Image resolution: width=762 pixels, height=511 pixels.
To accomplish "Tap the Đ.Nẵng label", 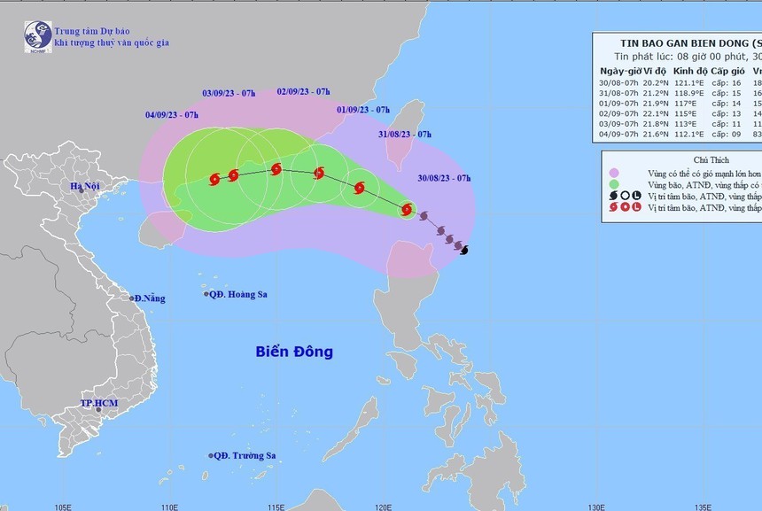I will pyautogui.click(x=150, y=298).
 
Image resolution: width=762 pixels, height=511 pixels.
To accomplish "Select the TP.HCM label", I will pyautogui.click(x=99, y=404).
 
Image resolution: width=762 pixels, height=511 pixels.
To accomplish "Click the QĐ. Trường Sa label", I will pyautogui.click(x=245, y=456).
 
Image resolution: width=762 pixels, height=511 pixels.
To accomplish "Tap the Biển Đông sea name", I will pyautogui.click(x=294, y=352).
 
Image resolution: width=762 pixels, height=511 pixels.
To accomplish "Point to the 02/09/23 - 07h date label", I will pyautogui.click(x=303, y=91).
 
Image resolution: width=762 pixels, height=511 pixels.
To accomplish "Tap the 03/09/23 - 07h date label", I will pyautogui.click(x=229, y=91).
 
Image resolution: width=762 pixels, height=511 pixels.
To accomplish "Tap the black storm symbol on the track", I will pyautogui.click(x=465, y=249).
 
